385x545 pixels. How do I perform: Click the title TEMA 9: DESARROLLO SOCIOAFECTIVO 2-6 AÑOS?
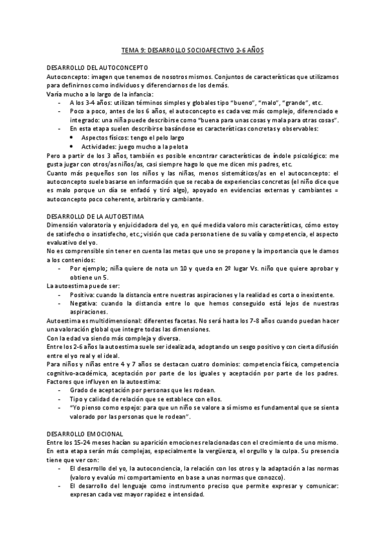click(192, 49)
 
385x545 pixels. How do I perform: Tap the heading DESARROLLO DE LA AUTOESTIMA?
click(96, 217)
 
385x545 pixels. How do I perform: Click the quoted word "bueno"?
click(242, 103)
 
